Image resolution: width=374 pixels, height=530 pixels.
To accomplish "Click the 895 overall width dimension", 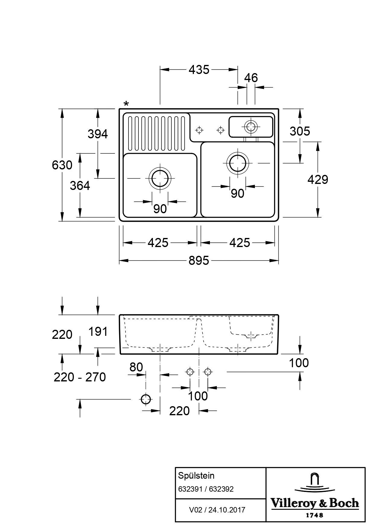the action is (199, 260).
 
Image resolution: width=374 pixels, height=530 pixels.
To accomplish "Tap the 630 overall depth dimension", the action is (62, 165).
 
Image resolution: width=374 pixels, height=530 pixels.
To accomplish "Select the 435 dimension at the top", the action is (199, 70).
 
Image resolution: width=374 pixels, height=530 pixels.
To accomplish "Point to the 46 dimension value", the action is (251, 78).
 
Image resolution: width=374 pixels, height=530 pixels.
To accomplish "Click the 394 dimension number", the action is (98, 134).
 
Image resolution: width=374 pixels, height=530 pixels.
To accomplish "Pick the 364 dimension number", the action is (80, 186).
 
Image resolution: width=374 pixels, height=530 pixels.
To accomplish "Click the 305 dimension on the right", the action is (300, 131).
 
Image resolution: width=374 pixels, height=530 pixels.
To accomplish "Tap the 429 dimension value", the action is (318, 180).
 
